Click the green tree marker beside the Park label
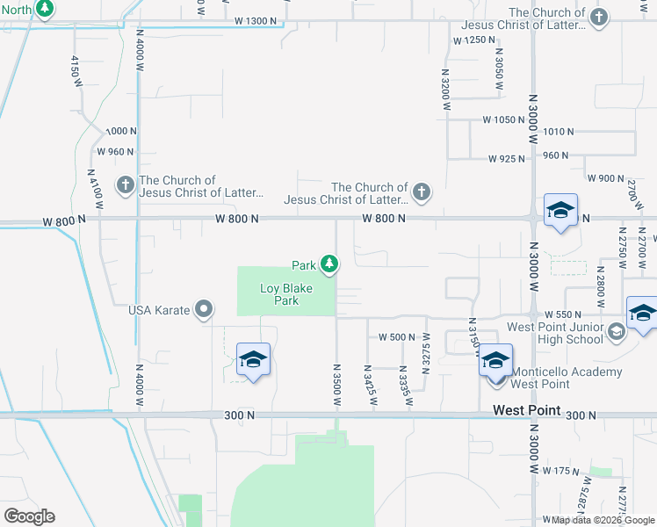pyautogui.click(x=329, y=263)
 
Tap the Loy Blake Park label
pyautogui.click(x=279, y=294)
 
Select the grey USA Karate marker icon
pyautogui.click(x=205, y=309)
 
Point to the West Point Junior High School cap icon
pyautogui.click(x=617, y=331)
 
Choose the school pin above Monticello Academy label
pyautogui.click(x=495, y=362)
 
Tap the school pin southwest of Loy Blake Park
pyautogui.click(x=253, y=360)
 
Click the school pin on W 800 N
pyautogui.click(x=560, y=211)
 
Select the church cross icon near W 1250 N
pyautogui.click(x=599, y=18)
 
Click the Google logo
pyautogui.click(x=29, y=516)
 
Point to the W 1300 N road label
pyautogui.click(x=256, y=20)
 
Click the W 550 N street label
pyautogui.click(x=564, y=314)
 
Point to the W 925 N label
pyautogui.click(x=506, y=159)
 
